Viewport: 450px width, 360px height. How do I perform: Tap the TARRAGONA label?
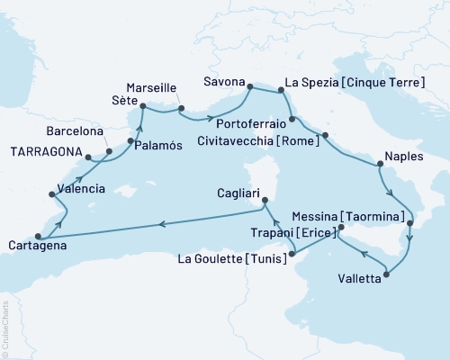(x=46, y=151)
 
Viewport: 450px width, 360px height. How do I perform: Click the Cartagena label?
(x=35, y=244)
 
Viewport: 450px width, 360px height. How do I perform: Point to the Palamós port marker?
(x=130, y=142)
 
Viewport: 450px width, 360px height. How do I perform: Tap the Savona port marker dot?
(x=251, y=87)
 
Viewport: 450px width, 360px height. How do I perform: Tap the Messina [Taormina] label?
(x=346, y=217)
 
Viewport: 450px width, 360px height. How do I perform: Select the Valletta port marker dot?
(x=387, y=274)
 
